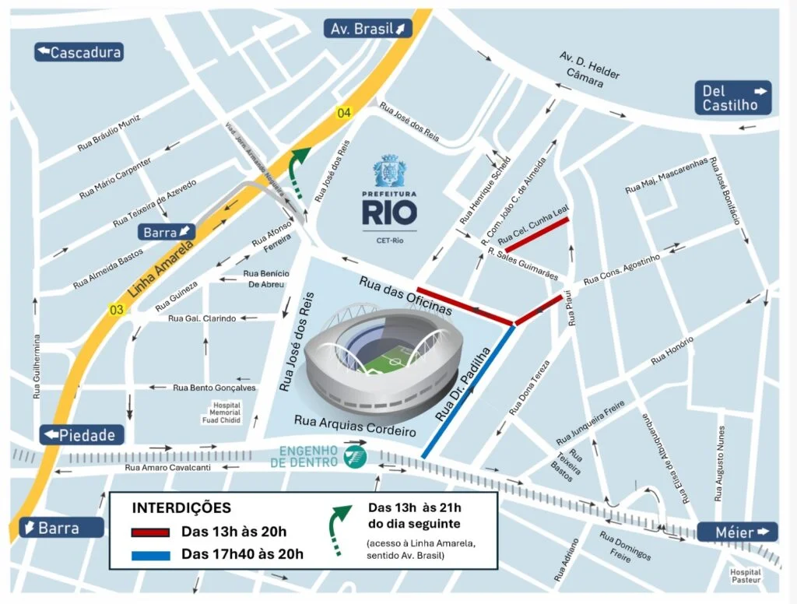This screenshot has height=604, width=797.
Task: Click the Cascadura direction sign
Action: tap(79, 52)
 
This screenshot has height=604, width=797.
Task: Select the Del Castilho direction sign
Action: tap(734, 98)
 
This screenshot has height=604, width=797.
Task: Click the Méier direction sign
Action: tap(736, 532)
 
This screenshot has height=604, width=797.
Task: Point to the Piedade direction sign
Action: tap(80, 435)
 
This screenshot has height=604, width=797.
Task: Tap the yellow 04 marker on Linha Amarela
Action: tap(343, 114)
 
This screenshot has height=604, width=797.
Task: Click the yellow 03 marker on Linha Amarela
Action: tap(117, 310)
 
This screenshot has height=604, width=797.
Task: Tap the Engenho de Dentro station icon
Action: tap(353, 457)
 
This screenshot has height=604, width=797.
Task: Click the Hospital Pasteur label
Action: tap(746, 576)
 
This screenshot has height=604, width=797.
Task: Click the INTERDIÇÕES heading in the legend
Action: tap(181, 508)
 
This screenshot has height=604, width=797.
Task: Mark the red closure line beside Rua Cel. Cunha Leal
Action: tap(537, 234)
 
